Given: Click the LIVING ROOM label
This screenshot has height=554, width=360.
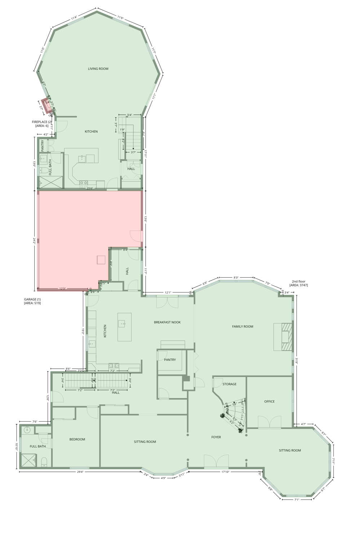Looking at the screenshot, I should [98, 69].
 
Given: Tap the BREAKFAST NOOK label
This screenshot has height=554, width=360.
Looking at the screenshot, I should [167, 322].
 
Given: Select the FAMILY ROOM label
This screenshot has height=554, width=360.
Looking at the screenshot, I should [243, 326].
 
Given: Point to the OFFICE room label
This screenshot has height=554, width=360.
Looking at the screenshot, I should [269, 401].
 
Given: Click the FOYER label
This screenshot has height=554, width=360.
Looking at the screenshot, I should [216, 437].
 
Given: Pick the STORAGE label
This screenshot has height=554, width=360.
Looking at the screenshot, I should [229, 384].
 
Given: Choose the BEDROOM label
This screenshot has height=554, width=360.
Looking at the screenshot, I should [77, 439].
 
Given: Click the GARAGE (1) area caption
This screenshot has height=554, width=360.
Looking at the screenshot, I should [32, 301].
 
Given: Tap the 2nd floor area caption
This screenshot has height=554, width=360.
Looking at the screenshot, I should [298, 283].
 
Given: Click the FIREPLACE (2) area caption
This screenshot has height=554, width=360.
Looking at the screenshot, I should [42, 124].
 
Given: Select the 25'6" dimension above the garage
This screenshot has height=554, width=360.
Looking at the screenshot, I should [90, 188].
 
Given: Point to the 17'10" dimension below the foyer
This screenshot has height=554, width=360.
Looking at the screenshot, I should [225, 472].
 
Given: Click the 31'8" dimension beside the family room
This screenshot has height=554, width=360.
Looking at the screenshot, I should [296, 360].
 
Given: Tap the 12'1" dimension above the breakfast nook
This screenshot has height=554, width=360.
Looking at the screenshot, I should [168, 293].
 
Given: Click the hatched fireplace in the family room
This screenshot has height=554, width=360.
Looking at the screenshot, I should [287, 337].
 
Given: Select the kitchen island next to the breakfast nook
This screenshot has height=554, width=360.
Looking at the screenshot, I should [124, 327].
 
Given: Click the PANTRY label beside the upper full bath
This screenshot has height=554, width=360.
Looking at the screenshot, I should [43, 146].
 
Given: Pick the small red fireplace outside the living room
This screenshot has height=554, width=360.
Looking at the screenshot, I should [47, 106].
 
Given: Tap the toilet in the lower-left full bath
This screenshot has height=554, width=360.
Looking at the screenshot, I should [44, 462].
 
